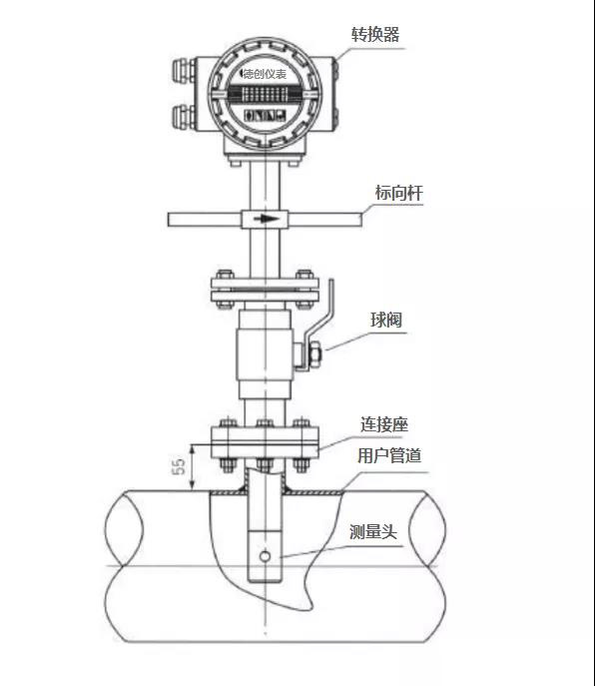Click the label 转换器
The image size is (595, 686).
click(375, 35)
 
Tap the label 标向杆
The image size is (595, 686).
click(398, 193)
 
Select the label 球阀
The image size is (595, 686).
click(386, 320)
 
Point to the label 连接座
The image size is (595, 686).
click(384, 424)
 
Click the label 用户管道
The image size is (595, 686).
click(389, 455)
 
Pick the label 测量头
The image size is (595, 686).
click(373, 531)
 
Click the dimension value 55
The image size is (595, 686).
click(179, 466)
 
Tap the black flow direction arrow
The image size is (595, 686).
click(267, 219)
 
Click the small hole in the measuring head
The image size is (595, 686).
click(265, 556)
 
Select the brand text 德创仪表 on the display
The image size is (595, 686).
click(264, 74)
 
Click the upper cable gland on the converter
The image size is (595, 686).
click(184, 71)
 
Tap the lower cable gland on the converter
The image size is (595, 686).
click(184, 117)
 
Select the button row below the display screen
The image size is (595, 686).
click(265, 116)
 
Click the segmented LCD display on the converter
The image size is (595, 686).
click(265, 94)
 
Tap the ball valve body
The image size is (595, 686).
click(265, 354)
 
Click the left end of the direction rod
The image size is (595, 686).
click(169, 220)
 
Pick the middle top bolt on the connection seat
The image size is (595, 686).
click(265, 423)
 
